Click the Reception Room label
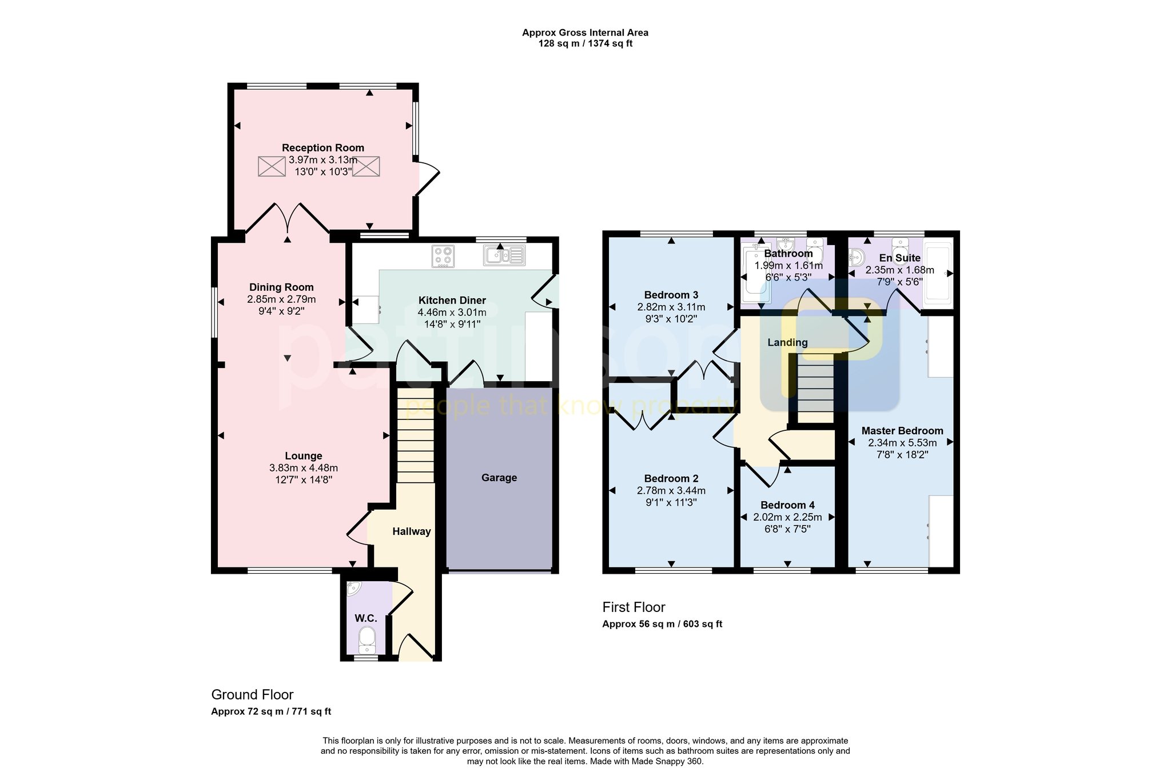click(322, 148)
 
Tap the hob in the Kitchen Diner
click(443, 257)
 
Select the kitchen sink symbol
click(504, 255)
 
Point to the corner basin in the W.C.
click(353, 588)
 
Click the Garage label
click(499, 478)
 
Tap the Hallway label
click(411, 531)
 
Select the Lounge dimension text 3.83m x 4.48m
click(303, 468)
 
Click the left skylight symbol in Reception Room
click(271, 166)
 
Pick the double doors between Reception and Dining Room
click(288, 220)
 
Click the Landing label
click(787, 342)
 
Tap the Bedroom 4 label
click(787, 505)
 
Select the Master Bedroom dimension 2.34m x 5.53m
click(902, 443)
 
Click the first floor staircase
click(815, 389)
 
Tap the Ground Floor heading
click(252, 695)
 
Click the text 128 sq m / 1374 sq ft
click(585, 43)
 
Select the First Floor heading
click(634, 607)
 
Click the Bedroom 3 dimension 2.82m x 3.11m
click(671, 307)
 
